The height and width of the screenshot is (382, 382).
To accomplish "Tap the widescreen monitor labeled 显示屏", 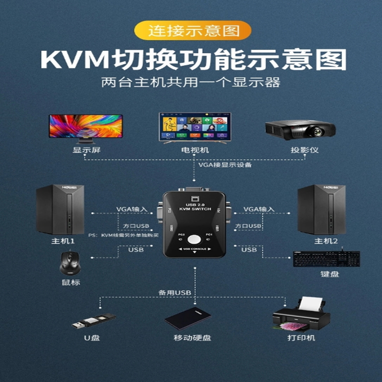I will (x=86, y=127).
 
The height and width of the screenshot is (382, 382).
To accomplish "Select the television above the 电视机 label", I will (x=195, y=126).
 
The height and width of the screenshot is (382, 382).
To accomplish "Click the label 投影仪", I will (x=305, y=150).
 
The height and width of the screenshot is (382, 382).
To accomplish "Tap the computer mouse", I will (x=70, y=264).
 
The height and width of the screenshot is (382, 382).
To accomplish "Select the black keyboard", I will (x=327, y=259).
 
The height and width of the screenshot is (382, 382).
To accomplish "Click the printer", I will (x=301, y=315).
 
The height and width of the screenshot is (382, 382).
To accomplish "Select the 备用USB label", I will (x=175, y=292).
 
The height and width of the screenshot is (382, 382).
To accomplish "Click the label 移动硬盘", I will (x=192, y=338).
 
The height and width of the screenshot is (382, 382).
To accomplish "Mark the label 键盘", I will (x=329, y=275).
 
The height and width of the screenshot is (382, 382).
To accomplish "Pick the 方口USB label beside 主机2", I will (x=248, y=225).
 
